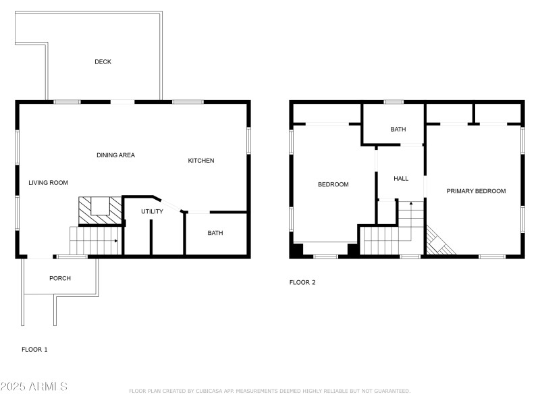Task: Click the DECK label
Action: click(103, 62)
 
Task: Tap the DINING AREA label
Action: click(115, 155)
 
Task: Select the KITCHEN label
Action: click(200, 161)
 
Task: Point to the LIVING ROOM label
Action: click(48, 183)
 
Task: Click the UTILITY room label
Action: click(152, 212)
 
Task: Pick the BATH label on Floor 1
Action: click(215, 234)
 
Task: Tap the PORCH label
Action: click(60, 278)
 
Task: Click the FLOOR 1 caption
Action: click(34, 350)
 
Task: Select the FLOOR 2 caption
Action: click(302, 283)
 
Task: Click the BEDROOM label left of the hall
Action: click(333, 185)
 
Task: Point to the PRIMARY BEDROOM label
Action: click(476, 191)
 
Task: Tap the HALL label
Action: click(401, 179)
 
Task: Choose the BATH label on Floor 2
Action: click(398, 130)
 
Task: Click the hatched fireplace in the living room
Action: click(101, 209)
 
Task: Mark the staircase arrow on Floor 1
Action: click(116, 241)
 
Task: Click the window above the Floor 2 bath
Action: click(394, 102)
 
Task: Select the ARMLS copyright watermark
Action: click(34, 387)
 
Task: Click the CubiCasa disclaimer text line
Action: click(269, 391)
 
